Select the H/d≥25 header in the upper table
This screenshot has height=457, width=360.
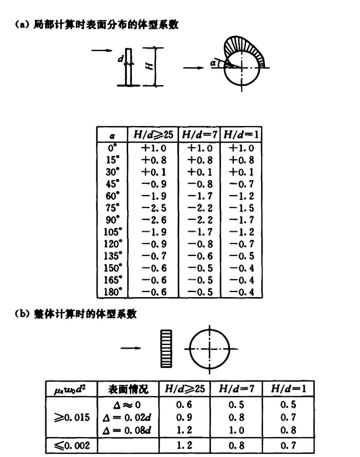point(153,135)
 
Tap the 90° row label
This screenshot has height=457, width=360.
point(113,220)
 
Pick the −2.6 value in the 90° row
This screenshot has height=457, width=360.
point(154,220)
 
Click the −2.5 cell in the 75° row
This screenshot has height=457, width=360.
point(154,208)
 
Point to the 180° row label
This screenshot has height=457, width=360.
point(113,292)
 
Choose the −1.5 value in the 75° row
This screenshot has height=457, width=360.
point(241,208)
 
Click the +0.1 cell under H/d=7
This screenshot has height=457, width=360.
point(200,172)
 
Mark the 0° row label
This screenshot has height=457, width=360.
point(112,148)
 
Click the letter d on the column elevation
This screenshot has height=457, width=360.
point(121,58)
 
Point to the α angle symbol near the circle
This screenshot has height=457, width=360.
point(213,63)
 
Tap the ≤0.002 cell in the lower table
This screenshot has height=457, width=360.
point(72,445)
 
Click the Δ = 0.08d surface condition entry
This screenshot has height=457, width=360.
point(127,430)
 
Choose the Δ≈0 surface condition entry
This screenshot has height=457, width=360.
point(127,405)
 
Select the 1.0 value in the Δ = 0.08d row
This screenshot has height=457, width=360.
point(236,430)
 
